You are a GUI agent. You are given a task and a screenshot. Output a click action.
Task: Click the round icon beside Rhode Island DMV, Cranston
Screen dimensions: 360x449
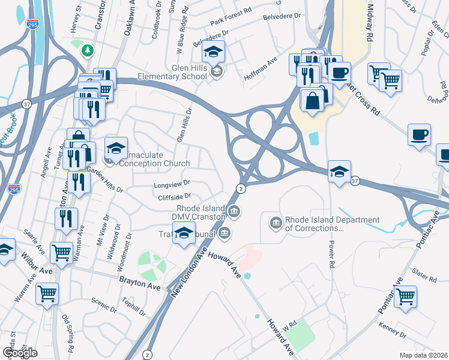tap(235, 211)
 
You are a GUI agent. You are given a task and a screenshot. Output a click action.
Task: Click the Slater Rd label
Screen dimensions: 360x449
tap(424, 277)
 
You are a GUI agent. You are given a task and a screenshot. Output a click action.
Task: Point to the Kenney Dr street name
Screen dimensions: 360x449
tap(393, 329)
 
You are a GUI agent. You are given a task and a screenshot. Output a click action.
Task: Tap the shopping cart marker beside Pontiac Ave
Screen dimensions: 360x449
tap(405, 296)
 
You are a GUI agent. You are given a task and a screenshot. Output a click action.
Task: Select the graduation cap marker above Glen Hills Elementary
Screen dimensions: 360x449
tap(213, 52)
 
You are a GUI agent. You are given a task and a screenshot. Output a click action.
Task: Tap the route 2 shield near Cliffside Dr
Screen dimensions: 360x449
tap(240, 188)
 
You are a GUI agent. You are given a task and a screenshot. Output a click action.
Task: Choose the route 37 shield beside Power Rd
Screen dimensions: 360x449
tap(355, 181)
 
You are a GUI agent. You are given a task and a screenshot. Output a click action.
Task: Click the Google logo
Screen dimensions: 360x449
tap(20, 353)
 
